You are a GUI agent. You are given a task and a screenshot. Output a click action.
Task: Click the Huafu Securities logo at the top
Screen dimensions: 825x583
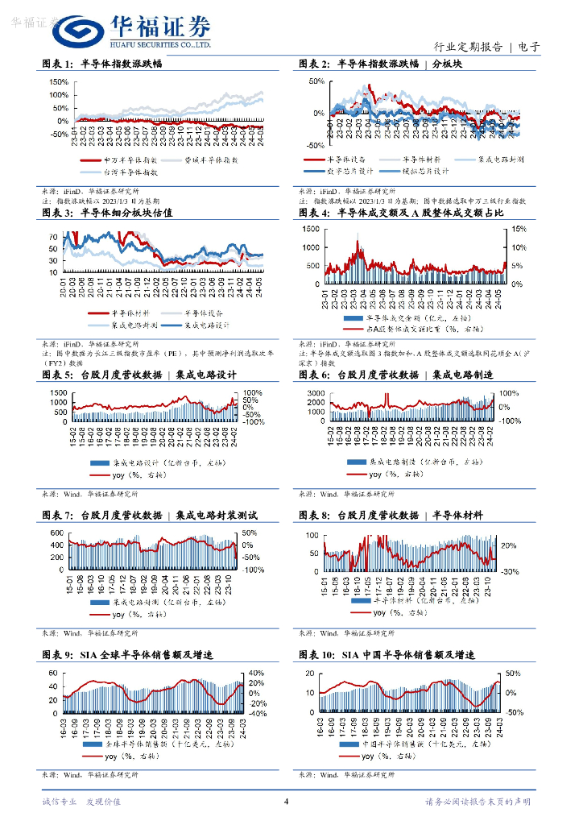pyautogui.click(x=132, y=32)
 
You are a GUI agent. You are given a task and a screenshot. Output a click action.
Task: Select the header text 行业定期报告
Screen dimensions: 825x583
pyautogui.click(x=468, y=47)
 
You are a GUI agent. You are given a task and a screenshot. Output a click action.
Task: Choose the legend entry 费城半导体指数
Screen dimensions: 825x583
pyautogui.click(x=205, y=160)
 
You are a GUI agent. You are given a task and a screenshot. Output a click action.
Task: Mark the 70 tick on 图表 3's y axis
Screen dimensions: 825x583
pyautogui.click(x=52, y=237)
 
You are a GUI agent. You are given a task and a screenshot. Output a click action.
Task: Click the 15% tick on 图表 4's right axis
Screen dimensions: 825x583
pyautogui.click(x=520, y=230)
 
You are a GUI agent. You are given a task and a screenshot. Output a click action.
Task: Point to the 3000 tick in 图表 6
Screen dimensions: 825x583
pyautogui.click(x=315, y=392)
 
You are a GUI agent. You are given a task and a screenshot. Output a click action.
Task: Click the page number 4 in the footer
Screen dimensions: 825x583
pyautogui.click(x=287, y=801)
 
